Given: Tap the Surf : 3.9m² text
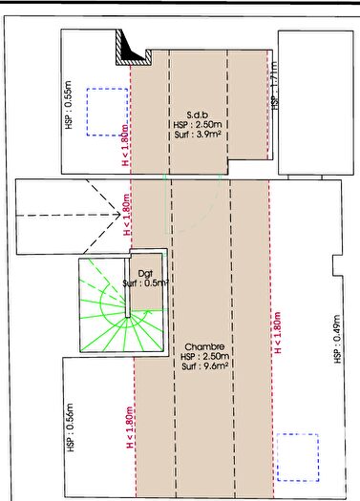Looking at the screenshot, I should click(x=198, y=135).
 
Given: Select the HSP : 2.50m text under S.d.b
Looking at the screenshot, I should click(x=198, y=123).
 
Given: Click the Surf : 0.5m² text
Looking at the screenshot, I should click(x=146, y=283).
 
